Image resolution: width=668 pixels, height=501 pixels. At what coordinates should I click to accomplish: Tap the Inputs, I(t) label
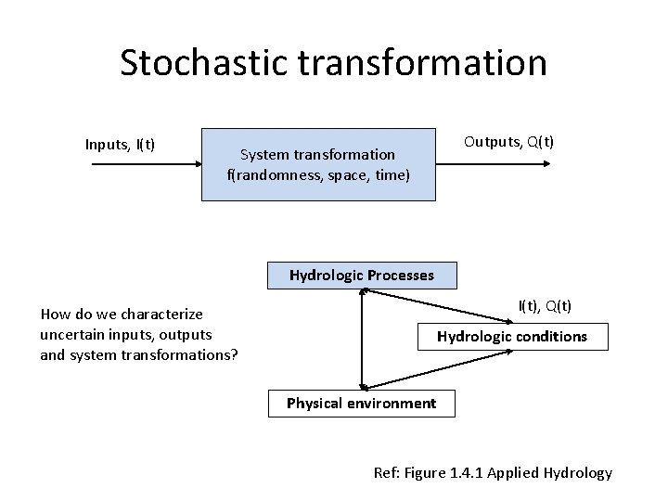120,144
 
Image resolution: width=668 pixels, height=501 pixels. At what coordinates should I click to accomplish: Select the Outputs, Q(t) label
508,142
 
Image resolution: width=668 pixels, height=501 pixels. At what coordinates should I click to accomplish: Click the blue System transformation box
318,164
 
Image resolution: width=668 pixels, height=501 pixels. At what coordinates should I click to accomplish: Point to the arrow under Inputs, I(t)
143,164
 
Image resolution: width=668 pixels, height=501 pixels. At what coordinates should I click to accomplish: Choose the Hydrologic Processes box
361,275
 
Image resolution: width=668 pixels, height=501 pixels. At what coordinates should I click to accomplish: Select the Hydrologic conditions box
512,337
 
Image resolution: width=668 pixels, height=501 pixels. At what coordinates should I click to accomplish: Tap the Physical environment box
361,404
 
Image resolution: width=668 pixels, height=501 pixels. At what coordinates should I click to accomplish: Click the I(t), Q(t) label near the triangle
545,305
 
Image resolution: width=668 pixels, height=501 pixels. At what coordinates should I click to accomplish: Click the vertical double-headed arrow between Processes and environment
362,339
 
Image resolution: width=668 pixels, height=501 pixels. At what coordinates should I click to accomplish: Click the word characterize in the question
161,315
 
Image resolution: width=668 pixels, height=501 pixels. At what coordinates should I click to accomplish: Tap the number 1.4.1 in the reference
468,473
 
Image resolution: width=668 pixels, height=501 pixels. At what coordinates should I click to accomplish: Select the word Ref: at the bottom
386,473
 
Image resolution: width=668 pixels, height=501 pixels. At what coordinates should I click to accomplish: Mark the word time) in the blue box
392,174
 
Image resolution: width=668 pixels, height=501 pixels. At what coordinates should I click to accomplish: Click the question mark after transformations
235,354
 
